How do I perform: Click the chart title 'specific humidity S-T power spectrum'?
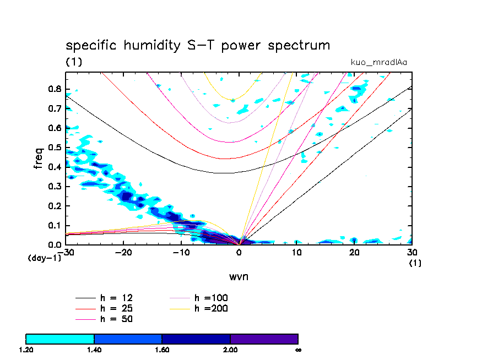(198, 45)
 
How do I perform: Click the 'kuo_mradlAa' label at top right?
(379, 62)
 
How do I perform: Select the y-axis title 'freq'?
(39, 157)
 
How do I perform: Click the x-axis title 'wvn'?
(239, 276)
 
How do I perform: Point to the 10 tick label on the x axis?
(296, 252)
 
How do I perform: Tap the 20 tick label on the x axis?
(354, 252)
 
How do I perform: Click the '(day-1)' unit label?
(44, 258)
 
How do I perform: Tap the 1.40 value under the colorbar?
(94, 350)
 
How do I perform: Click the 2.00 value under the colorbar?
(230, 350)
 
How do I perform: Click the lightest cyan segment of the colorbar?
(60, 339)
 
